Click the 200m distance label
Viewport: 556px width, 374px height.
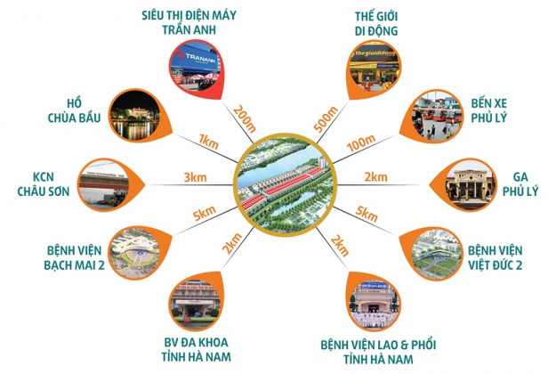pyautogui.click(x=245, y=118)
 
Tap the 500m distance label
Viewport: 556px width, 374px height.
pyautogui.click(x=326, y=119)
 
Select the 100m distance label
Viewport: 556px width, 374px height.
pyautogui.click(x=360, y=143)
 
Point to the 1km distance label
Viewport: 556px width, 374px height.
pyautogui.click(x=208, y=142)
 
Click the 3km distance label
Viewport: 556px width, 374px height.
pyautogui.click(x=195, y=177)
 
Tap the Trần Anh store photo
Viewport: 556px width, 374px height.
pyautogui.click(x=195, y=68)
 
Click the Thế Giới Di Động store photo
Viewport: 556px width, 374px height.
pyautogui.click(x=375, y=68)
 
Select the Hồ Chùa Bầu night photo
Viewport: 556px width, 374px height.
pyautogui.click(x=135, y=115)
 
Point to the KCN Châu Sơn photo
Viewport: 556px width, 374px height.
pyautogui.click(x=103, y=184)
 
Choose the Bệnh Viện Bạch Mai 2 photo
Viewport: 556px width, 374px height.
pyautogui.click(x=135, y=253)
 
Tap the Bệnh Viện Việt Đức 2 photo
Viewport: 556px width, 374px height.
pyautogui.click(x=437, y=253)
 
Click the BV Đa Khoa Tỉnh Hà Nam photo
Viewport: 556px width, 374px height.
pyautogui.click(x=195, y=305)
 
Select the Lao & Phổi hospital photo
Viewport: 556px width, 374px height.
pyautogui.click(x=375, y=305)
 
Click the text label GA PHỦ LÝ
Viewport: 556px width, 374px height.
pyautogui.click(x=520, y=184)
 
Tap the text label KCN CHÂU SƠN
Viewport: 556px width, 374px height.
pyautogui.click(x=44, y=184)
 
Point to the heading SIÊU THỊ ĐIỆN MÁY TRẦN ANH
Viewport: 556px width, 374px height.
pyautogui.click(x=189, y=22)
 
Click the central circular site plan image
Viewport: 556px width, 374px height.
pyautogui.click(x=285, y=185)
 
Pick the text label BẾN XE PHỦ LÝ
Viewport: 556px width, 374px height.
pyautogui.click(x=489, y=110)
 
